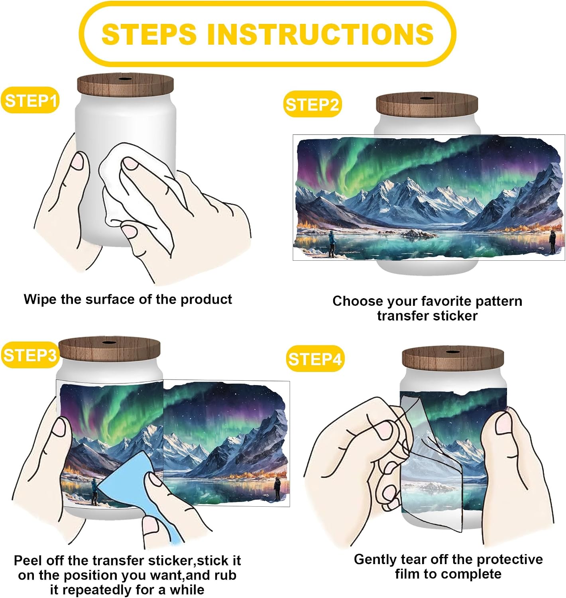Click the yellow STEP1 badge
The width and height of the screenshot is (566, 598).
tap(30, 100)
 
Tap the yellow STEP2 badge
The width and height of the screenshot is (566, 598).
tap(312, 104)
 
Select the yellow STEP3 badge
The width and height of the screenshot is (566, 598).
tap(29, 355)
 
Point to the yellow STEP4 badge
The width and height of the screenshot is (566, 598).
tap(315, 359)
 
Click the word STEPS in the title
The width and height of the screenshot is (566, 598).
tap(149, 34)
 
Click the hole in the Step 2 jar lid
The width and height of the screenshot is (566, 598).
tap(427, 98)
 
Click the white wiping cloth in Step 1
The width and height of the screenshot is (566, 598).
tap(137, 195)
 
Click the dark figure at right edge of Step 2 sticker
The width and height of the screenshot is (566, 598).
tap(552, 241)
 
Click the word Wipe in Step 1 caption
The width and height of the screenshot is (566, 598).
tap(40, 299)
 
